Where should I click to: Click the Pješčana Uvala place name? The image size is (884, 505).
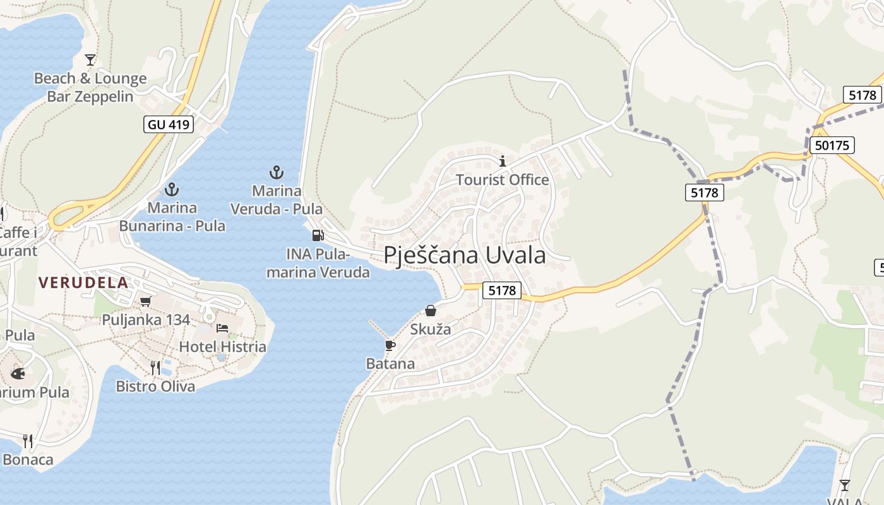465,255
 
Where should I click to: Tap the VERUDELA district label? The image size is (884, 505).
83,282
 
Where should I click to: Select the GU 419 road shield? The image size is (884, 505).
169,124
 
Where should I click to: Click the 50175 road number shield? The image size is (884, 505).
832,145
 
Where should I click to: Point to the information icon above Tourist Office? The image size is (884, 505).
503,161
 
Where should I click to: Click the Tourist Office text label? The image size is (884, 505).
503,180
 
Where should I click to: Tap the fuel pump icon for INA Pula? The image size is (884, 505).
318,235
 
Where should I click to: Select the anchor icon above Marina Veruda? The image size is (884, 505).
276,172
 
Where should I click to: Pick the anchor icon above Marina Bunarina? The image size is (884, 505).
171,189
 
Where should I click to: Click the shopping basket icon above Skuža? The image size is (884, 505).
431,311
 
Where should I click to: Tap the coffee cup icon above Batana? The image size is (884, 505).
390,345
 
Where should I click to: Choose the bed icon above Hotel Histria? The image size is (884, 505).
222,328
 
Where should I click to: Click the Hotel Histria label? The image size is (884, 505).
222,347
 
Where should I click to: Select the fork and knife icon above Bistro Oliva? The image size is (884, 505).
155,367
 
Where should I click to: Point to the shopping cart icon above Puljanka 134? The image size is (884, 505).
146,301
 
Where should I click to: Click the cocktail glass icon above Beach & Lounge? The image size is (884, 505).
90,60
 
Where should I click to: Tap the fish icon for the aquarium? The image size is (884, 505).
18,374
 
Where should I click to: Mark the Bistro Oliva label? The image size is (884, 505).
155,386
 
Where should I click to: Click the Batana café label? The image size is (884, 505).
390,364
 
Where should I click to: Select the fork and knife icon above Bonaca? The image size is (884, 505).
28,441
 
